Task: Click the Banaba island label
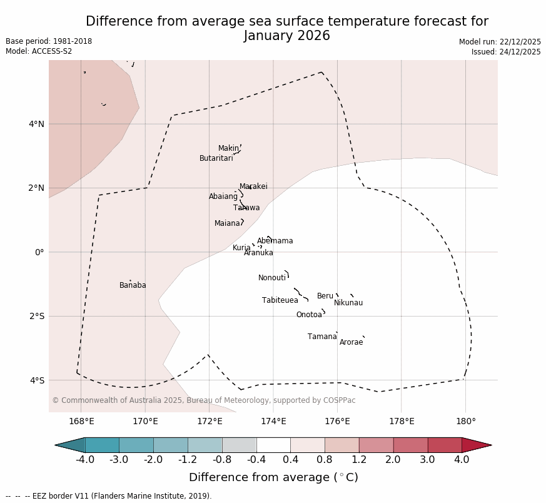(x=133, y=285)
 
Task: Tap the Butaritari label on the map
(x=216, y=158)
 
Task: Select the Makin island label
(x=228, y=148)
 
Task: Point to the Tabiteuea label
(x=280, y=300)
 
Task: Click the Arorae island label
(x=351, y=342)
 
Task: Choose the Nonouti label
(x=271, y=278)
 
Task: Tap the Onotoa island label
(x=309, y=315)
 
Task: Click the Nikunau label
(x=348, y=303)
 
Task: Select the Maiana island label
(x=227, y=223)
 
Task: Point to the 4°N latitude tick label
(x=36, y=124)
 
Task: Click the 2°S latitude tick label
(x=36, y=316)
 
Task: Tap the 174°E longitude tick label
(x=273, y=421)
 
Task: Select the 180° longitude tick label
(x=465, y=421)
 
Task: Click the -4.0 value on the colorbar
(x=85, y=460)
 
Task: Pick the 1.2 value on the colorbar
(x=359, y=460)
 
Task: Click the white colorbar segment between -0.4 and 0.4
(x=273, y=445)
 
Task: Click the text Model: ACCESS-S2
(x=39, y=51)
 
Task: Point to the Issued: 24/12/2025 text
(x=506, y=52)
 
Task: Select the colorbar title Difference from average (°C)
(x=273, y=477)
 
